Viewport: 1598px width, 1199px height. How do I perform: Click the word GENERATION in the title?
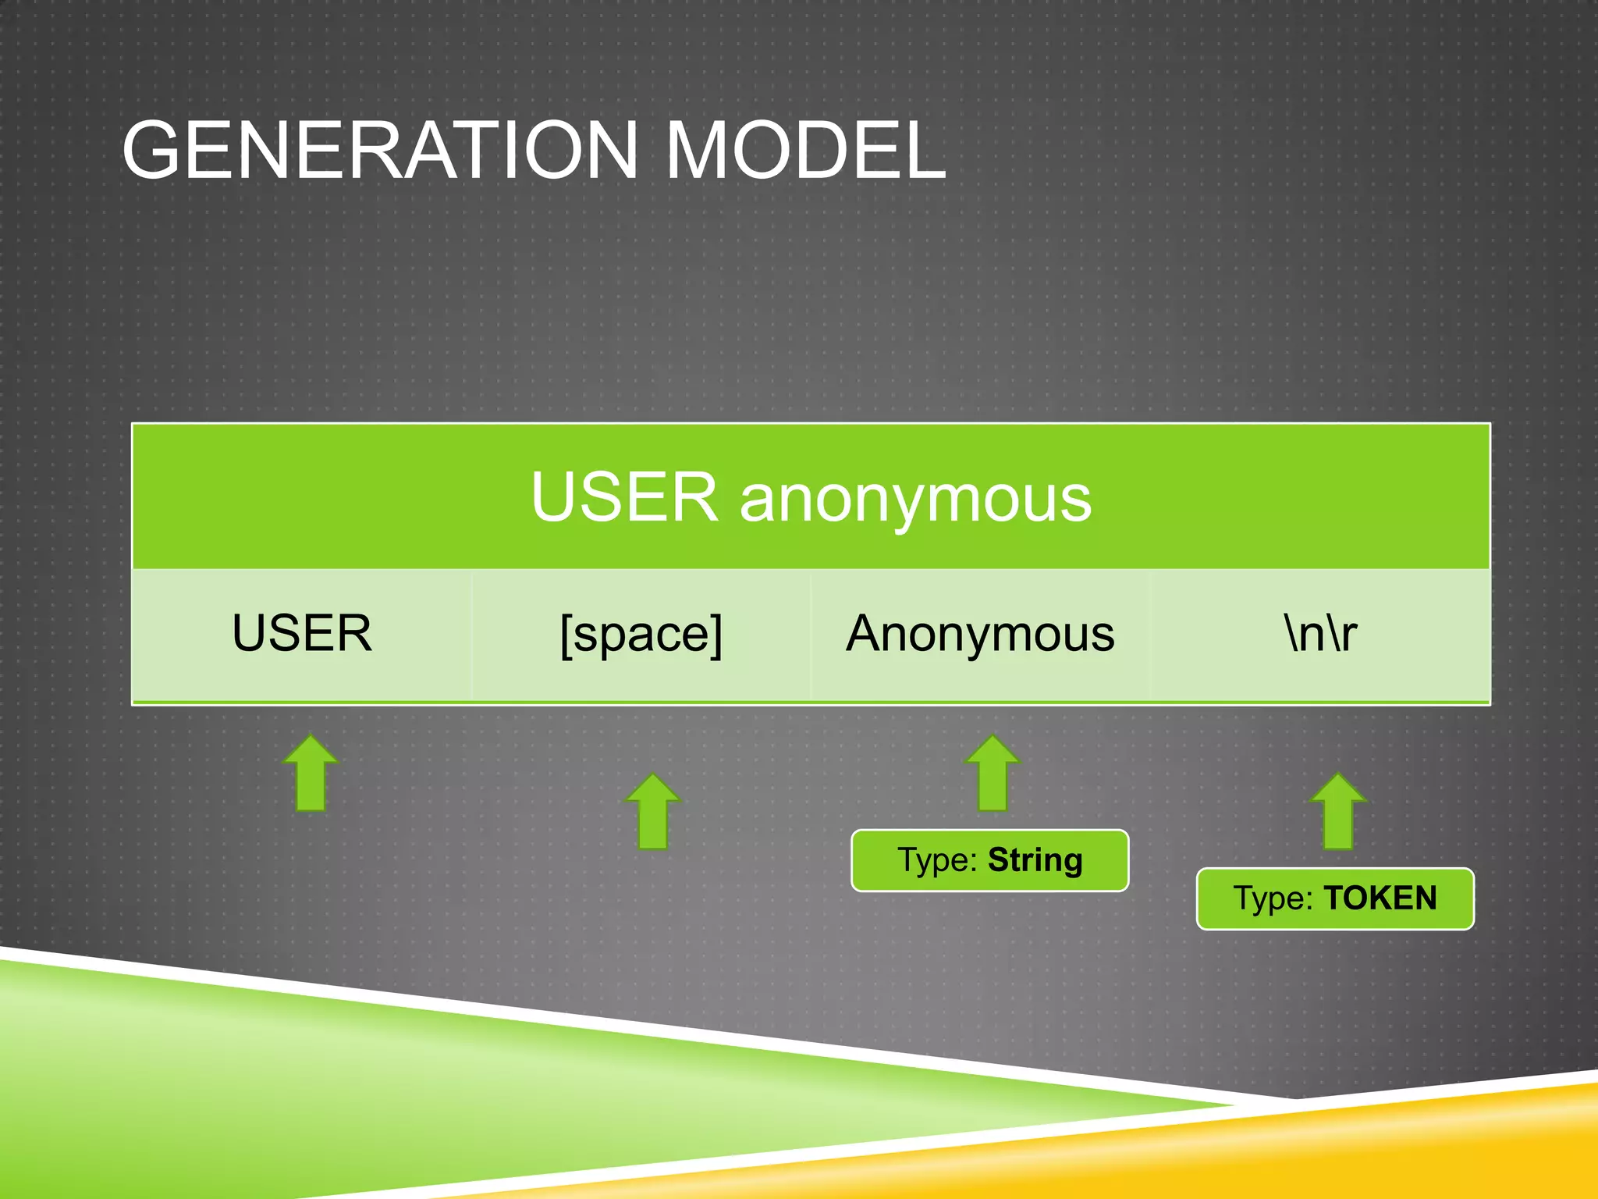380,150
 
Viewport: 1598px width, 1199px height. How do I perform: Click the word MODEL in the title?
805,150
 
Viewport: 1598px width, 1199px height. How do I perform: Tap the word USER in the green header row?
623,497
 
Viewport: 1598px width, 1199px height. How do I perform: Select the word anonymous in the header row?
915,500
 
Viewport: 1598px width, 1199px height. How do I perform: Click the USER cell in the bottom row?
302,633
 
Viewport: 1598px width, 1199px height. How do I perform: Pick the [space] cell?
641,635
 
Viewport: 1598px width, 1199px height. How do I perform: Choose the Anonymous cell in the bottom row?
980,633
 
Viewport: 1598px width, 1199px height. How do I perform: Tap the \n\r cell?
1320,633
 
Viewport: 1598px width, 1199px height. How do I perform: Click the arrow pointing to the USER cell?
311,774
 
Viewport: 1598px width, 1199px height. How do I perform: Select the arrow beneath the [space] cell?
653,812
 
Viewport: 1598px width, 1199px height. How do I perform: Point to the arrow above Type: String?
993,774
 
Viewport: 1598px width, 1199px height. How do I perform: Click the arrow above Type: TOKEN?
1338,812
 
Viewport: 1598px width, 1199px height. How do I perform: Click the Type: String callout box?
989,860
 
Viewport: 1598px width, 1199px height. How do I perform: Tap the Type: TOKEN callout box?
1334,898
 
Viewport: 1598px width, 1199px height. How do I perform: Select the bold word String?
1035,860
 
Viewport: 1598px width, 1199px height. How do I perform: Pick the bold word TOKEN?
1380,898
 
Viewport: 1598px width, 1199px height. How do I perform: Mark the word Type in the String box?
936,861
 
